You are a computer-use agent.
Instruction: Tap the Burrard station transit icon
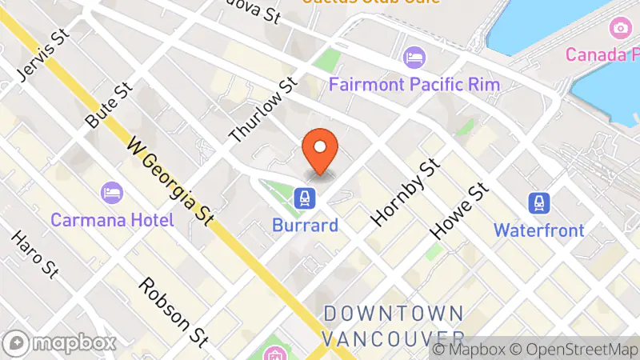(x=304, y=197)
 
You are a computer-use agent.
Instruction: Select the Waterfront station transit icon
(x=538, y=202)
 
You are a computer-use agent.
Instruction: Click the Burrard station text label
(x=304, y=225)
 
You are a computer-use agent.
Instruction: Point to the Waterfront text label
(x=538, y=230)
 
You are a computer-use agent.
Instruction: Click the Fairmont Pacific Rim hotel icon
(x=414, y=57)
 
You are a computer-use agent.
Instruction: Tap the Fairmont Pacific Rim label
(x=414, y=84)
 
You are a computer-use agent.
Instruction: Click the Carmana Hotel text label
(x=112, y=219)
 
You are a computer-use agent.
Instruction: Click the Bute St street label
(x=107, y=106)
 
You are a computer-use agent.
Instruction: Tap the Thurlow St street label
(x=263, y=110)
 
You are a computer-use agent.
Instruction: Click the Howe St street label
(x=459, y=210)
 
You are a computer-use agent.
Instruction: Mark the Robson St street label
(x=173, y=313)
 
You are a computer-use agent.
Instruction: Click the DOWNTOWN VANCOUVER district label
(x=394, y=324)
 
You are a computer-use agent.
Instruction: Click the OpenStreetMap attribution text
(x=576, y=350)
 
